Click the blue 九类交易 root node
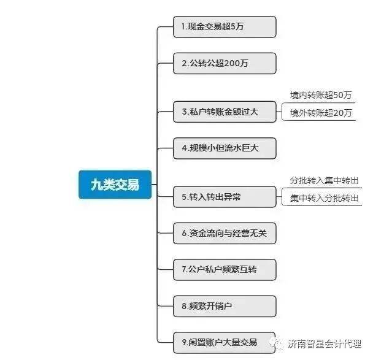point(115,185)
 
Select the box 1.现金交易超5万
point(225,27)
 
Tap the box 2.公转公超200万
point(225,63)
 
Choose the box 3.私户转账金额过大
point(225,112)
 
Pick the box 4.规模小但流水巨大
point(225,148)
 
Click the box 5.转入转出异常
point(225,197)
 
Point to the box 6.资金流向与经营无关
point(225,233)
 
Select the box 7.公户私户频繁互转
point(225,269)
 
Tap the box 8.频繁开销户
point(225,305)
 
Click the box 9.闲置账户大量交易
point(225,342)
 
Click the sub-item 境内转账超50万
point(321,95)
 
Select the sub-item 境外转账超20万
point(321,113)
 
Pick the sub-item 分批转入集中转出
point(325,181)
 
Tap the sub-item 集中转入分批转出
point(325,198)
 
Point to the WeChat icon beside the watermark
point(279,345)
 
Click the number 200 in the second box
point(231,63)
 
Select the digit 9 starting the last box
point(185,342)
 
